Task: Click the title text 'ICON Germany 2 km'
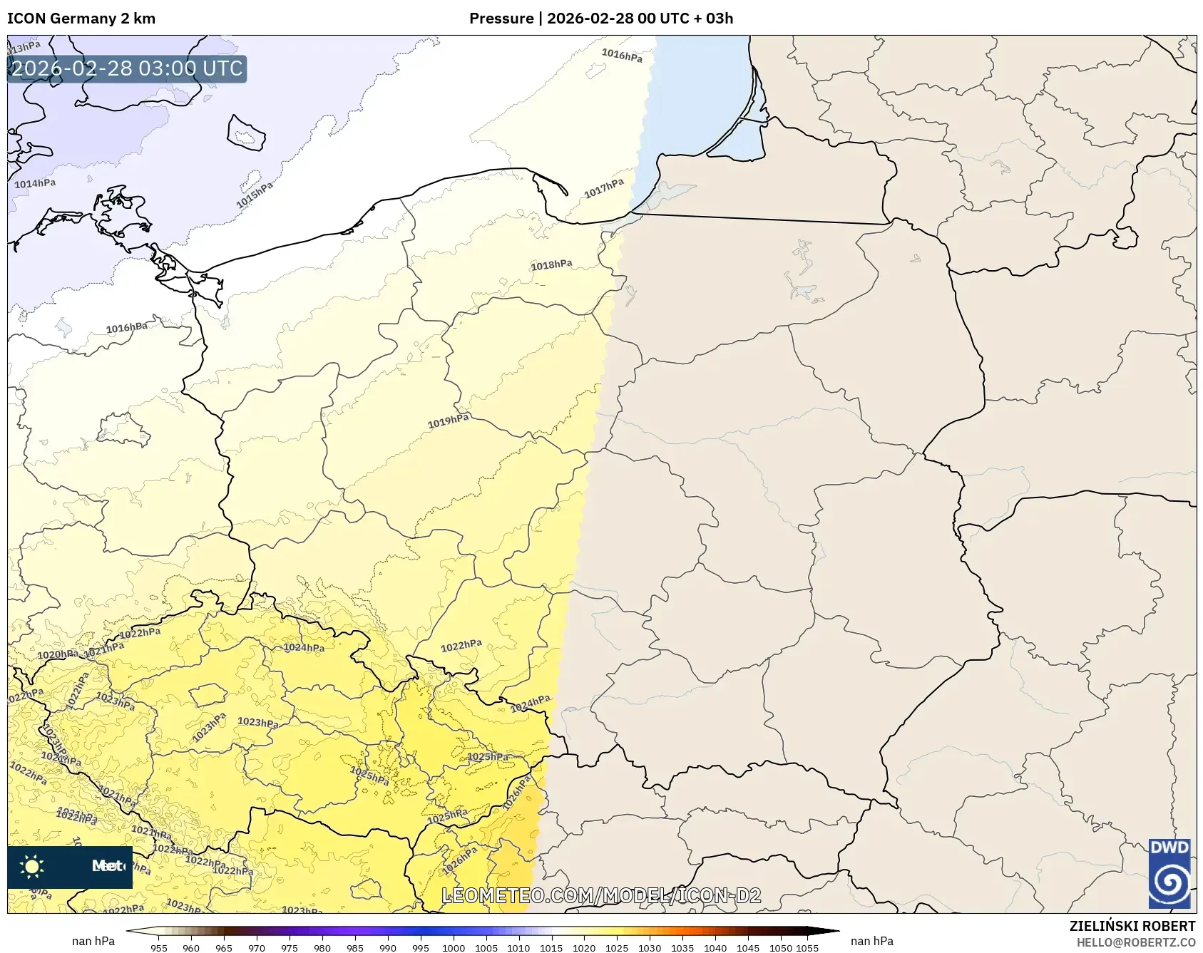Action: (81, 19)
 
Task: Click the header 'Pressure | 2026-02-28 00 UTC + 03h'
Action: (600, 19)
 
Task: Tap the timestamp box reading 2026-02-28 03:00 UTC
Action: (127, 69)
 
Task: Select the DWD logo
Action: (1169, 874)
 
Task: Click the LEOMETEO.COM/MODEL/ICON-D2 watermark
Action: (601, 895)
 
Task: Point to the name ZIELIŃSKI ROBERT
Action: (1132, 926)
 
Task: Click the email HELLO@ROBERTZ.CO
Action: (1135, 942)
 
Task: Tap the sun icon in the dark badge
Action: (32, 867)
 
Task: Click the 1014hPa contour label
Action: (35, 184)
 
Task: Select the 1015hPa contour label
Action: (255, 195)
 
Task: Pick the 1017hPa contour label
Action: (604, 189)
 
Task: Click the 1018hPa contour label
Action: (551, 265)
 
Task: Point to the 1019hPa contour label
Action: (448, 421)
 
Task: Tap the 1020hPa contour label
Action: (57, 654)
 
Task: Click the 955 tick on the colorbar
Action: (159, 947)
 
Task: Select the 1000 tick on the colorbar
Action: (453, 947)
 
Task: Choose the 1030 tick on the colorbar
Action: (649, 947)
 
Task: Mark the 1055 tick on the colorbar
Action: (807, 947)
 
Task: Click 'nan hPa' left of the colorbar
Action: (93, 941)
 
